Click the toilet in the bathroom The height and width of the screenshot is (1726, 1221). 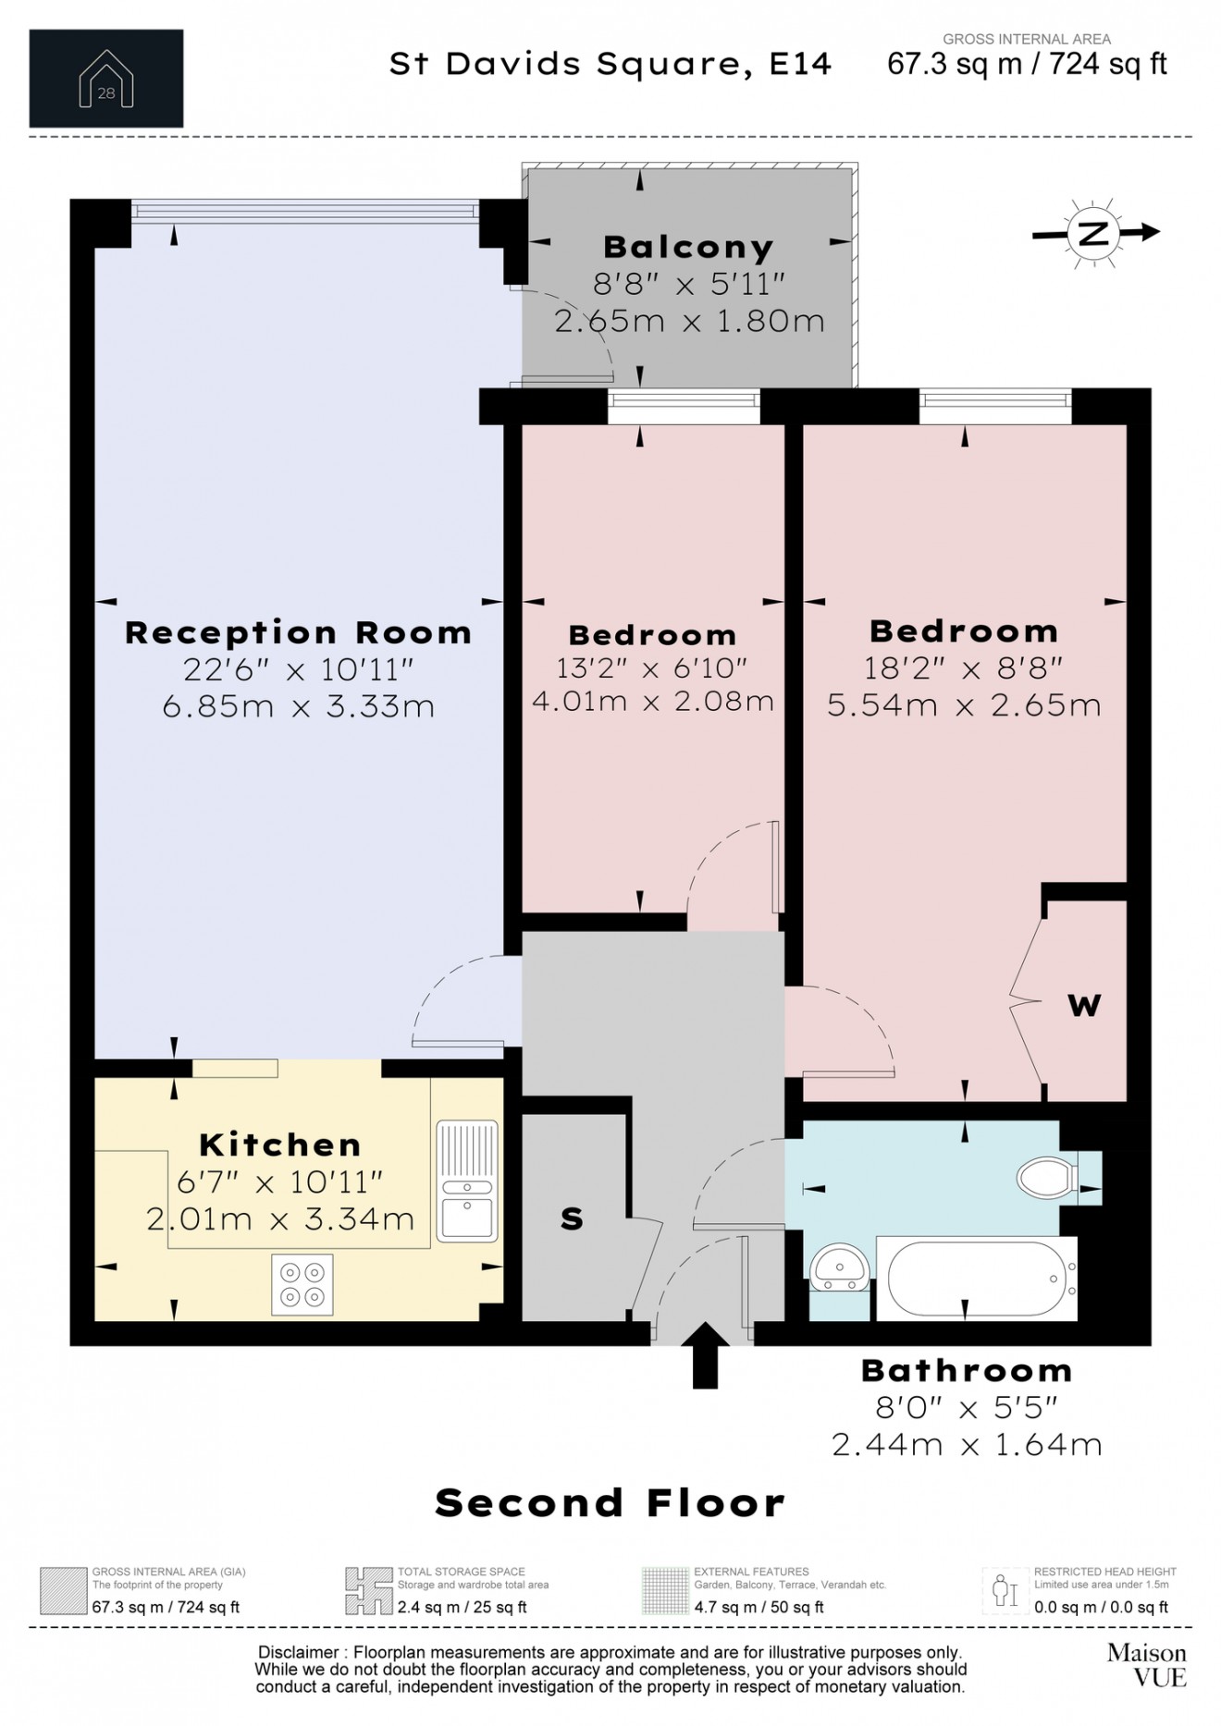(x=1048, y=1178)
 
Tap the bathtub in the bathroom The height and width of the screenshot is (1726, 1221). (x=976, y=1279)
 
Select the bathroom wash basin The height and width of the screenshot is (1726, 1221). (x=840, y=1265)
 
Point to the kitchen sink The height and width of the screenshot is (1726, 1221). (x=467, y=1181)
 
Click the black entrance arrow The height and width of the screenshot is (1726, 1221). (x=705, y=1355)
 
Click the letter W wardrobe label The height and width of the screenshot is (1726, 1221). (x=1084, y=1005)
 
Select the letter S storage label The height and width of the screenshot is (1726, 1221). (x=572, y=1219)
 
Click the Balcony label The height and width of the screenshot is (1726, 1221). (x=688, y=248)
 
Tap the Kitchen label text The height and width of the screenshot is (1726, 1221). (x=280, y=1145)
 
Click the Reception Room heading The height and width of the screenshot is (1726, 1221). (x=298, y=633)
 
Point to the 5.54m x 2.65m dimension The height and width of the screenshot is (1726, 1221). (x=964, y=706)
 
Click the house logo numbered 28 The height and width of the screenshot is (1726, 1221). (x=106, y=80)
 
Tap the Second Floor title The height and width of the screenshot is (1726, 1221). (x=610, y=1503)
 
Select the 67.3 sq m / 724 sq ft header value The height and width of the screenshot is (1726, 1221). (x=1027, y=65)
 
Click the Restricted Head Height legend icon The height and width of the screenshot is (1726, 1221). (x=1005, y=1591)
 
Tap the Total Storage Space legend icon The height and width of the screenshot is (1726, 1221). (x=368, y=1591)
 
